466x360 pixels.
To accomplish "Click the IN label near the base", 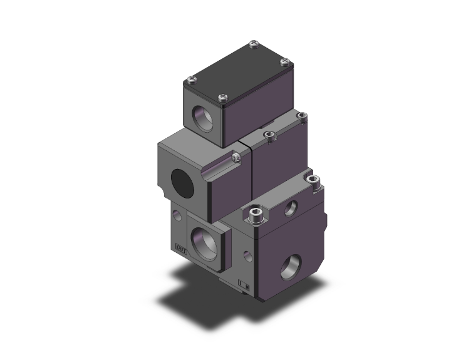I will coord(244,288).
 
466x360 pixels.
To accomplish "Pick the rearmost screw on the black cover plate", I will coord(252,44).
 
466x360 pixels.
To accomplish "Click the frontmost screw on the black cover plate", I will coord(222,97).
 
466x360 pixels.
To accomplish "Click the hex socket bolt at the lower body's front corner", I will coord(255,216).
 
